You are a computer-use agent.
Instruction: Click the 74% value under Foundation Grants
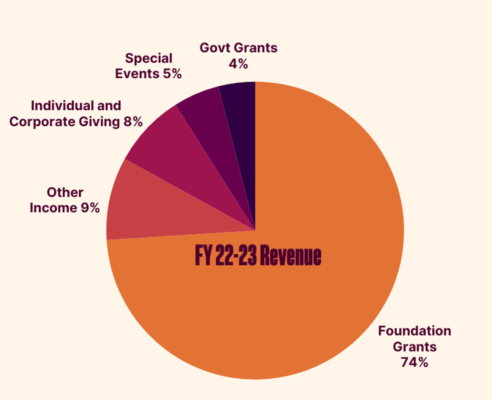point(414,362)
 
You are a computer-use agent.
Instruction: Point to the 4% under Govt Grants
point(238,64)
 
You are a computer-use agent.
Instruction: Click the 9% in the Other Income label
point(90,208)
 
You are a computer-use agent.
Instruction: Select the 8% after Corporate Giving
point(133,122)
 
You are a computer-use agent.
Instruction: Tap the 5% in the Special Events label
point(172,74)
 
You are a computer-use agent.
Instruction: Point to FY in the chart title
point(204,256)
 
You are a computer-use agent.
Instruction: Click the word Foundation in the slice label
point(414,331)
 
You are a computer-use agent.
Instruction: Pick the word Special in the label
point(148,58)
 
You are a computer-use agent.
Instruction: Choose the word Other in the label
point(65,192)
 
